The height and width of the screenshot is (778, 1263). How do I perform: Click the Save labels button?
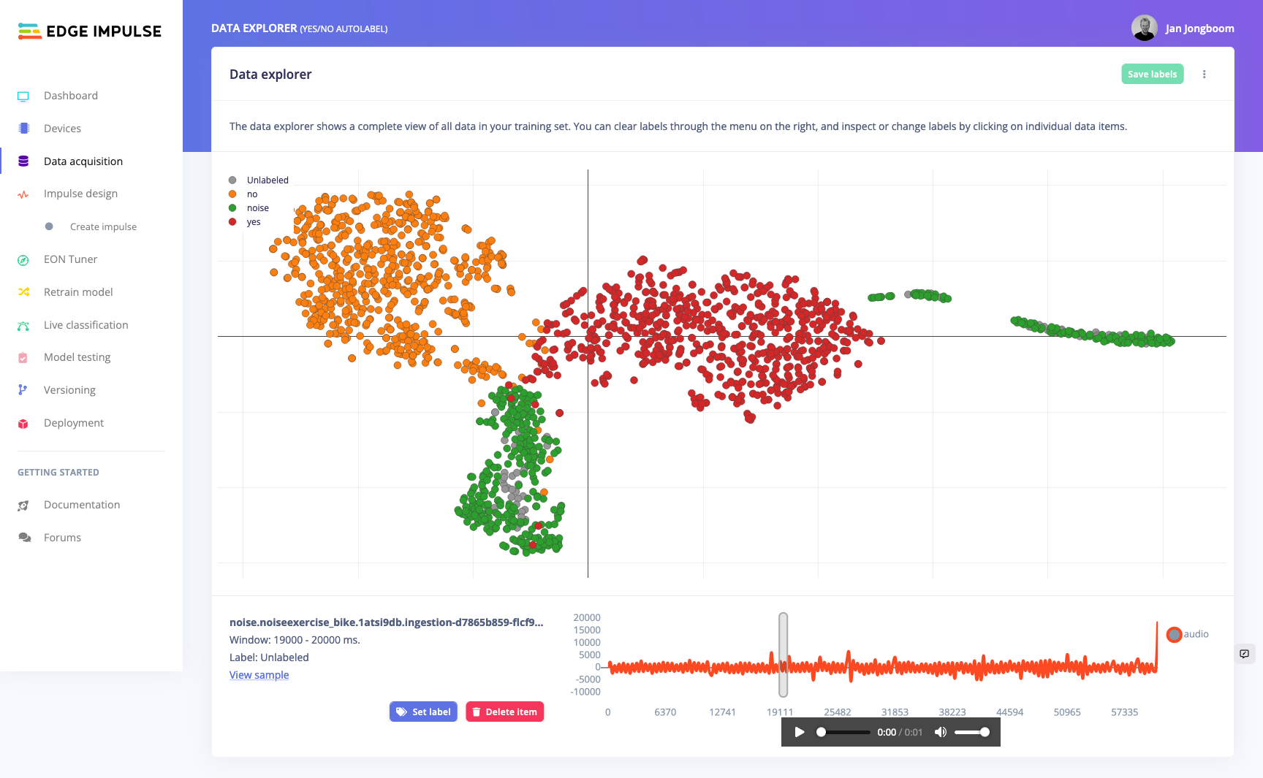[1152, 74]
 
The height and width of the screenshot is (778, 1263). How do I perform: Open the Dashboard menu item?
[70, 96]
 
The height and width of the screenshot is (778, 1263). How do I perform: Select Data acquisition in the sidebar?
[83, 161]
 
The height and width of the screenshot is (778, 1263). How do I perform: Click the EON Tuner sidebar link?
[70, 259]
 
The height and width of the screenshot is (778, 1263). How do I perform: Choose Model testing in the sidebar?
[77, 357]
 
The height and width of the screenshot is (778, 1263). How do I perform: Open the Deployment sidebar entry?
[73, 423]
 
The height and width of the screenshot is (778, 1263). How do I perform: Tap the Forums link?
[62, 538]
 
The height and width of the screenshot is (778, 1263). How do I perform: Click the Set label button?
[423, 712]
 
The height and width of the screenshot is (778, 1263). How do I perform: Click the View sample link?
[259, 675]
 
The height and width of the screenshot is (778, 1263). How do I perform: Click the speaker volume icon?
[941, 732]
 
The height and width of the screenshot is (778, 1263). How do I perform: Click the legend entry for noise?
[257, 208]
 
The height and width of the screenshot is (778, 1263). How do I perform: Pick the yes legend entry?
[253, 222]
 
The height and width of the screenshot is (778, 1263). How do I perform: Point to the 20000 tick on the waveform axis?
[587, 618]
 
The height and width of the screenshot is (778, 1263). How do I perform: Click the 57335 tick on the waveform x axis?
[1124, 712]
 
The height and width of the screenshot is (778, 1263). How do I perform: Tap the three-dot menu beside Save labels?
[1205, 74]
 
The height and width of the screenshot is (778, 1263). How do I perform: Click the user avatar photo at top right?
[1144, 28]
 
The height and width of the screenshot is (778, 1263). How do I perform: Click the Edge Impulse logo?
[89, 31]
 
